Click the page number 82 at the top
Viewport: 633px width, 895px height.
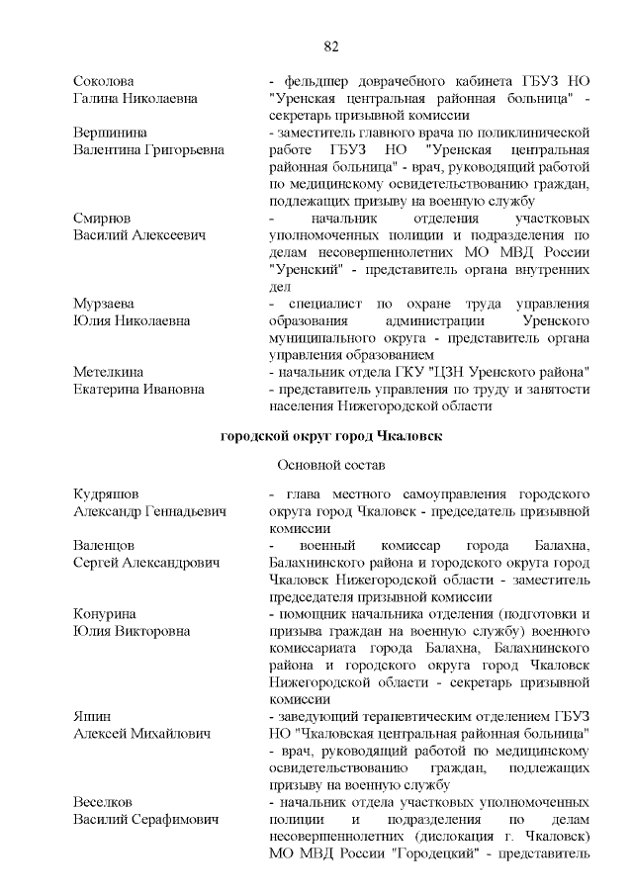coord(331,45)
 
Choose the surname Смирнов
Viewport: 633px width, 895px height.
coord(102,217)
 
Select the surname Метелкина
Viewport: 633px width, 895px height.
coord(108,371)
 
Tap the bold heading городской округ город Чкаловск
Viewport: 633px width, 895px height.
coord(331,435)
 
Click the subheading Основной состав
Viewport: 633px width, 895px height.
coord(331,464)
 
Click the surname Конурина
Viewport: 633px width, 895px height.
coord(104,614)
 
